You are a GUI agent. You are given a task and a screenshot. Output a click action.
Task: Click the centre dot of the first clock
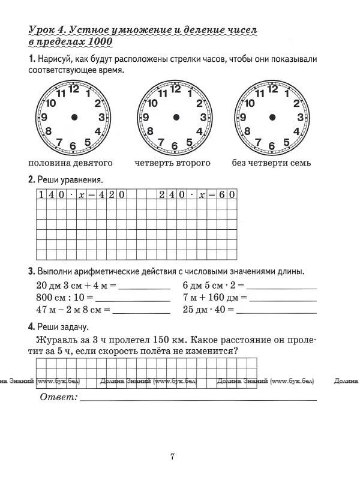[74, 117]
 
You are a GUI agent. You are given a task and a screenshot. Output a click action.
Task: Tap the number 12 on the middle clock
[175, 89]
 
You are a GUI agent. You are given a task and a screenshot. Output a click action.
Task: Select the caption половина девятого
[70, 163]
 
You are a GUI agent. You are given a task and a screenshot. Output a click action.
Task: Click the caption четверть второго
[172, 163]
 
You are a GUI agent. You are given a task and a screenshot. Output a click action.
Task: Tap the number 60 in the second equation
[227, 194]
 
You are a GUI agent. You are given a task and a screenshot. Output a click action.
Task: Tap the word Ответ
[58, 398]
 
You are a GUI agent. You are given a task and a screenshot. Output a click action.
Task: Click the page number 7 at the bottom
[172, 457]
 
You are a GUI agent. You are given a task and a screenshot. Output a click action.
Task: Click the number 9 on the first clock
[44, 118]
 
